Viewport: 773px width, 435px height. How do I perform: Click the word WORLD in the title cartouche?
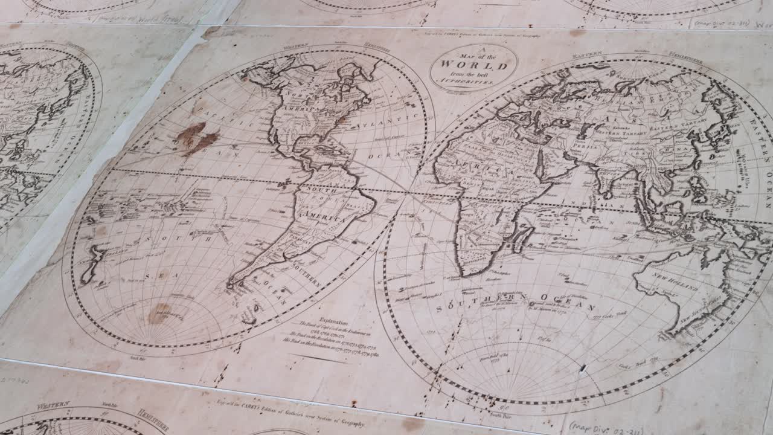(x=473, y=65)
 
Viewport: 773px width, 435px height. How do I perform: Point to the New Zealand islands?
(x=91, y=264)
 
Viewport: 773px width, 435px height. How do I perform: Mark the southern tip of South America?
(x=231, y=284)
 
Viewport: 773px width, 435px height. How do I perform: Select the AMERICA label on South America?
(x=325, y=216)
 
